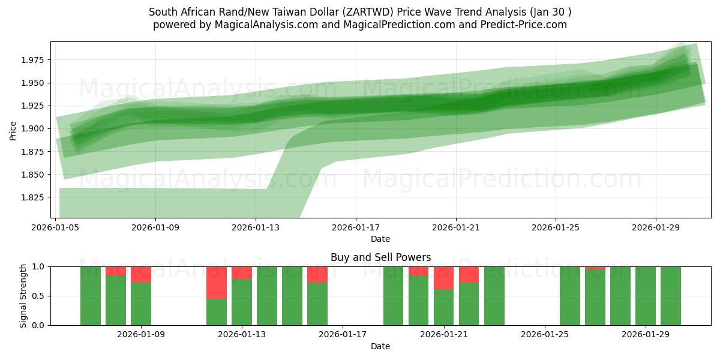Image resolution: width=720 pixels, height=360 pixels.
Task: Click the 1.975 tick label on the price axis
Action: coord(34,60)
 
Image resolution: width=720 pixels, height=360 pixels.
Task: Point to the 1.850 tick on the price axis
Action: coord(34,175)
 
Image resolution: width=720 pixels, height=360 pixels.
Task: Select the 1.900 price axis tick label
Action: coord(34,128)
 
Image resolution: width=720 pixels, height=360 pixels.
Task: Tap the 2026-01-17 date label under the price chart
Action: coord(356,227)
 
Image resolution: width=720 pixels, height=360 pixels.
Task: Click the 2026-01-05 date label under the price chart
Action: coord(56,227)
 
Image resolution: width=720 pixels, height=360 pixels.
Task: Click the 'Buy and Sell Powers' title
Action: coord(380,257)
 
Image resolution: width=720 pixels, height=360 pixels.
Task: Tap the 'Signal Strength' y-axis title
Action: coord(23,296)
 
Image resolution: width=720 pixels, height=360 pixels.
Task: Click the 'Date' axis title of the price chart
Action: coord(380,239)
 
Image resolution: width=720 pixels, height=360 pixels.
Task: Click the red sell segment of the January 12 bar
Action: coord(217,283)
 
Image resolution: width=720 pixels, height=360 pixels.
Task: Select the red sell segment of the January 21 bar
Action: coord(443,278)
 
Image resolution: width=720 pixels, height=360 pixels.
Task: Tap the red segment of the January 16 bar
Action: coord(317,275)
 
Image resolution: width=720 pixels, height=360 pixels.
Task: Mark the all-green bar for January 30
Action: coord(671,296)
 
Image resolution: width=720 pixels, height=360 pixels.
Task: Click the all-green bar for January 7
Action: coord(91,296)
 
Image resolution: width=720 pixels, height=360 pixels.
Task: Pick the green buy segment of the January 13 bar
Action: coord(242,302)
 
